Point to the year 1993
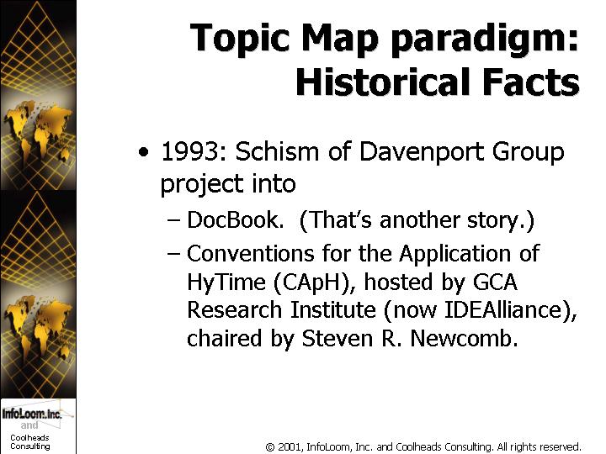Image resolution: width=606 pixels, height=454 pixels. (x=190, y=151)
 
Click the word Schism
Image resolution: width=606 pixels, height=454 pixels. (x=277, y=151)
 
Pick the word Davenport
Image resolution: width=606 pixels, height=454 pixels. (x=421, y=152)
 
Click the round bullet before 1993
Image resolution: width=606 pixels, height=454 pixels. (x=143, y=151)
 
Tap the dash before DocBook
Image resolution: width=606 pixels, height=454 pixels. (x=173, y=221)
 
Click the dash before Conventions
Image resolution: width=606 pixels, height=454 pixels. (x=173, y=255)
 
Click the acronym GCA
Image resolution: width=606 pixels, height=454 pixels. (x=495, y=282)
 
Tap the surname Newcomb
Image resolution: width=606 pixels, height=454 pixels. (x=464, y=339)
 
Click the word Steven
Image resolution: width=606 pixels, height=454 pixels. (x=336, y=339)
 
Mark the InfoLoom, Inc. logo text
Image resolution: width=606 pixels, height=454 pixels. (x=32, y=414)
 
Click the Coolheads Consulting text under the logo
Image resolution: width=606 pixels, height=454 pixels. (x=29, y=442)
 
